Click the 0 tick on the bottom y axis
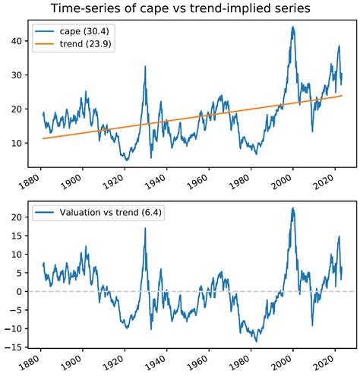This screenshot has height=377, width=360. coord(22,291)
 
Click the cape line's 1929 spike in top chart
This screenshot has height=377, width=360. coord(145,67)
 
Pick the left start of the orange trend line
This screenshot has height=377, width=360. coord(43,138)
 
